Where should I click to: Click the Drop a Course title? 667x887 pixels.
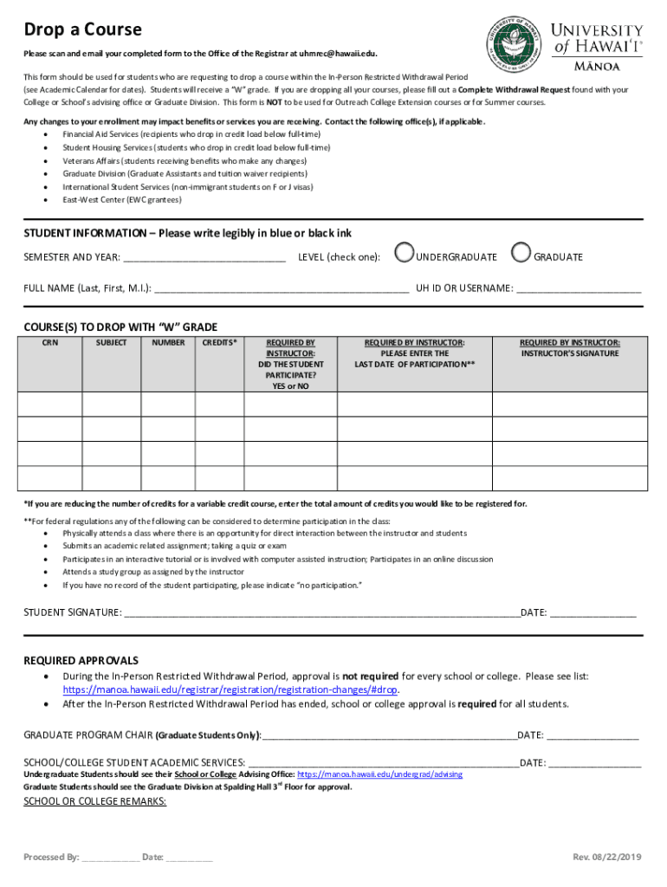(x=82, y=30)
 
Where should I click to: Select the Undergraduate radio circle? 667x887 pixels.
(x=404, y=252)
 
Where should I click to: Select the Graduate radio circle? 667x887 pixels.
(x=521, y=252)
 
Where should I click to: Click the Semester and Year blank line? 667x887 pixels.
(x=204, y=258)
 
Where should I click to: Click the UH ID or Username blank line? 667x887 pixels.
(x=579, y=289)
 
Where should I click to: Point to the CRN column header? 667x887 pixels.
(x=51, y=343)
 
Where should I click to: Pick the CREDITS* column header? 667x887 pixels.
(x=219, y=343)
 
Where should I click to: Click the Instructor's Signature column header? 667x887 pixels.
(x=569, y=348)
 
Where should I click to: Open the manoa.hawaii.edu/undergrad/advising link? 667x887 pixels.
(x=379, y=774)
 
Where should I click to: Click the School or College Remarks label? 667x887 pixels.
(x=94, y=801)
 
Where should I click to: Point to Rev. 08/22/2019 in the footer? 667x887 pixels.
(x=606, y=858)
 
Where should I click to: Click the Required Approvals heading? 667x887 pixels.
(x=81, y=660)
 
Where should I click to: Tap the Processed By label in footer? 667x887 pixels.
(x=51, y=858)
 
